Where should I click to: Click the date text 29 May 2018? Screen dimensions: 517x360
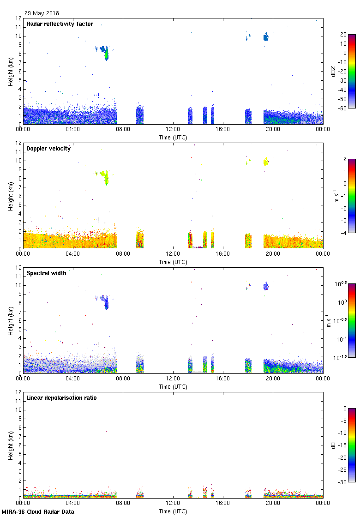point(42,13)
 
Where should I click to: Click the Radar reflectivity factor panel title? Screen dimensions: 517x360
point(60,24)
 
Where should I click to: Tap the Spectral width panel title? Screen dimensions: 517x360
point(47,273)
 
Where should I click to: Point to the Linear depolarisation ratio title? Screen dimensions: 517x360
point(61,398)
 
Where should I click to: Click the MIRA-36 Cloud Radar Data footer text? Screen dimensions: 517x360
point(38,511)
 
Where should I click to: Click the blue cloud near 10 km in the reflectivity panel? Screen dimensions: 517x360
point(266,37)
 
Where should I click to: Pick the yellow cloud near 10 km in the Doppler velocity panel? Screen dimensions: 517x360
point(266,162)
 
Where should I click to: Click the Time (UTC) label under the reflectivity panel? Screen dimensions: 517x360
point(173,138)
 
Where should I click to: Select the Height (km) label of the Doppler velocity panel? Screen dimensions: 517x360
point(10,196)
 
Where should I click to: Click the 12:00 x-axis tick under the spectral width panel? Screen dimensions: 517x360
point(173,379)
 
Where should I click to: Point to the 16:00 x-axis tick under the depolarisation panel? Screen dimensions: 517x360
point(223,503)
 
